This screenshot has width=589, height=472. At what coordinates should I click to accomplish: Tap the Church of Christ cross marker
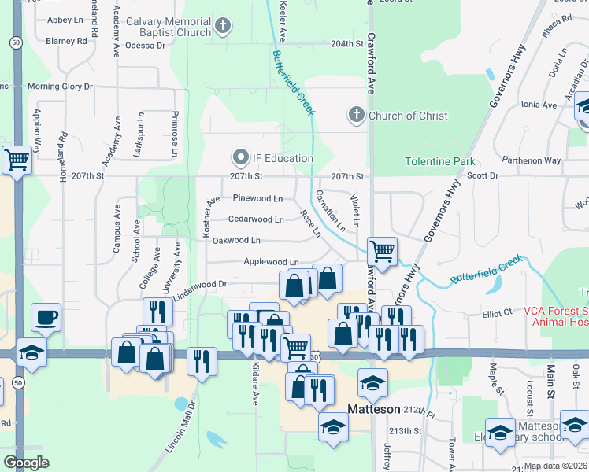[356, 116]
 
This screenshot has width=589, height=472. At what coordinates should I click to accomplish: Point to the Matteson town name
[376, 409]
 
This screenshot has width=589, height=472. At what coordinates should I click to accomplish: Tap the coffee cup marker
[45, 319]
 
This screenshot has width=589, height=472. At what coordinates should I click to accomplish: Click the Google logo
[26, 463]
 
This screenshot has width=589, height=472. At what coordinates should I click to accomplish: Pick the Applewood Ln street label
[272, 262]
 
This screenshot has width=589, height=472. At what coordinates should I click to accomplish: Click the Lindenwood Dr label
[200, 283]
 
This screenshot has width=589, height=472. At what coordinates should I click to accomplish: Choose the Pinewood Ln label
[257, 199]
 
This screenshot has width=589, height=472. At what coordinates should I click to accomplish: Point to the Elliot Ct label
[498, 313]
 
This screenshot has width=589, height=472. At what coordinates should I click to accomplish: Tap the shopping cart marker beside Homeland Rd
[17, 160]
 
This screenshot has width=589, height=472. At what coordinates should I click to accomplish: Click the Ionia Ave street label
[539, 105]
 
